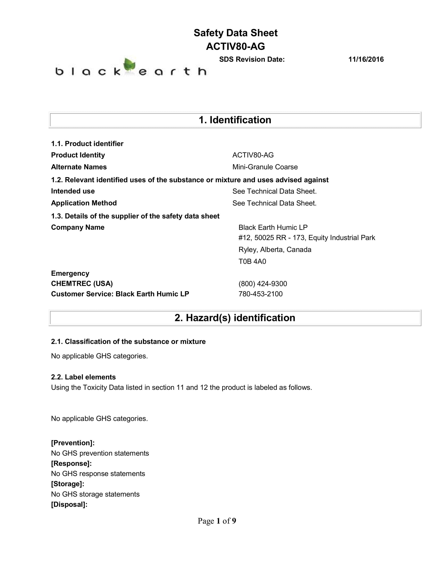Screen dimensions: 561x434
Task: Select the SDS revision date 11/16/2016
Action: (x=366, y=59)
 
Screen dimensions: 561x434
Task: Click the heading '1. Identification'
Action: (x=235, y=120)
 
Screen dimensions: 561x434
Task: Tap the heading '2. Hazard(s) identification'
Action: (x=235, y=318)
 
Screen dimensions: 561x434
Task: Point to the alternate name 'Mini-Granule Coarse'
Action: (x=265, y=167)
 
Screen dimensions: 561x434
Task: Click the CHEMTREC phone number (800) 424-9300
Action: (x=262, y=284)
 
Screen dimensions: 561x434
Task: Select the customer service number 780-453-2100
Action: (x=260, y=294)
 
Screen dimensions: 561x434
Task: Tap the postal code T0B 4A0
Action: (x=252, y=262)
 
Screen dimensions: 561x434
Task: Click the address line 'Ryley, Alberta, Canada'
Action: (x=275, y=250)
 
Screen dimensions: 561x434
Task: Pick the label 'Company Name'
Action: (x=78, y=227)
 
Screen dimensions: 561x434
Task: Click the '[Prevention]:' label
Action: (x=73, y=443)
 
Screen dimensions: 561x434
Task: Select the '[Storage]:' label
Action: (x=68, y=484)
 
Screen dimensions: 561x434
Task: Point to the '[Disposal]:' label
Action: (x=69, y=504)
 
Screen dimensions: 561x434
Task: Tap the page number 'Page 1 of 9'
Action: (x=217, y=521)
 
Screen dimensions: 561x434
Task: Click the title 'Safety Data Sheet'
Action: (x=236, y=33)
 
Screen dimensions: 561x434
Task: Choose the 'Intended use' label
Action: (x=73, y=191)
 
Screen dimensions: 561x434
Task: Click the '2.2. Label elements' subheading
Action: (x=83, y=377)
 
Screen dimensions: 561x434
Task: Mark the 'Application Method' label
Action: (x=84, y=203)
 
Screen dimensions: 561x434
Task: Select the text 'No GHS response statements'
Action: (x=98, y=474)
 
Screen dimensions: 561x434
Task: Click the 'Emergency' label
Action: (x=70, y=273)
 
